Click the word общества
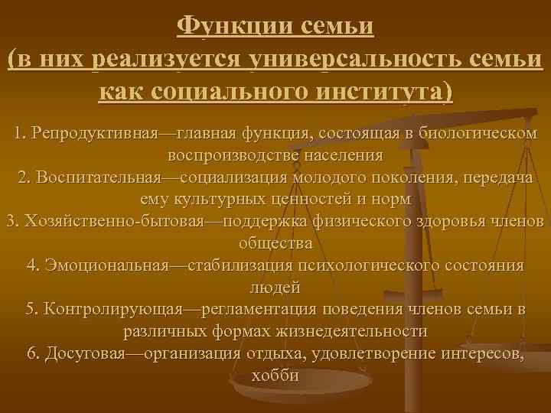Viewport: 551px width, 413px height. coord(275,244)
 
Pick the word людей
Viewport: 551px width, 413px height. coord(275,288)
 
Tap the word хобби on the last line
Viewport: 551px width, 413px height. coord(275,377)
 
